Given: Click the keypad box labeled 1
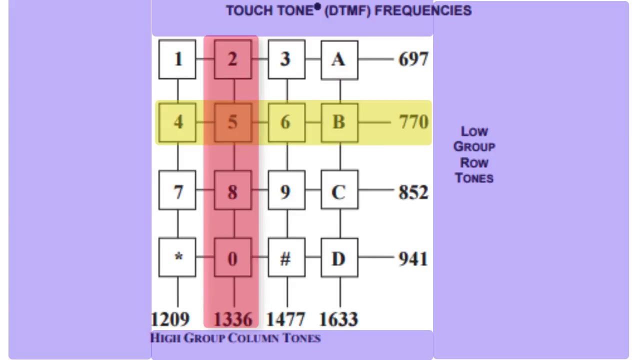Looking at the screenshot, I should click(177, 59).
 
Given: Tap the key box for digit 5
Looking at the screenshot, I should click(232, 122).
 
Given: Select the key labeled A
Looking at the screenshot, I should click(339, 59).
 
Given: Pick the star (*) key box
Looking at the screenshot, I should click(177, 258).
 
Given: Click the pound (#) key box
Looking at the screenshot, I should click(286, 258).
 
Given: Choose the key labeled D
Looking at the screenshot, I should click(339, 258).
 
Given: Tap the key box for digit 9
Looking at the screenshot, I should click(286, 191).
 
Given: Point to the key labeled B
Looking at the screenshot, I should click(339, 122).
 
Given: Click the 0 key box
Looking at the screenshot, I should click(232, 258).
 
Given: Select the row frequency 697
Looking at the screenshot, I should click(413, 59).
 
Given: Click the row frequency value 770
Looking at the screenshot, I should click(413, 122).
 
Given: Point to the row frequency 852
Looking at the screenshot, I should click(413, 192).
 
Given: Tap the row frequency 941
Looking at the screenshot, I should click(413, 259).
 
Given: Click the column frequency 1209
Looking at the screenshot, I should click(170, 319).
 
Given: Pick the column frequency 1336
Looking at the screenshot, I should click(232, 319).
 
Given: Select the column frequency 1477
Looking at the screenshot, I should click(286, 319).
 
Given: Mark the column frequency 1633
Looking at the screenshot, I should click(339, 319).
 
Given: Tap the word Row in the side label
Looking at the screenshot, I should click(474, 163).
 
